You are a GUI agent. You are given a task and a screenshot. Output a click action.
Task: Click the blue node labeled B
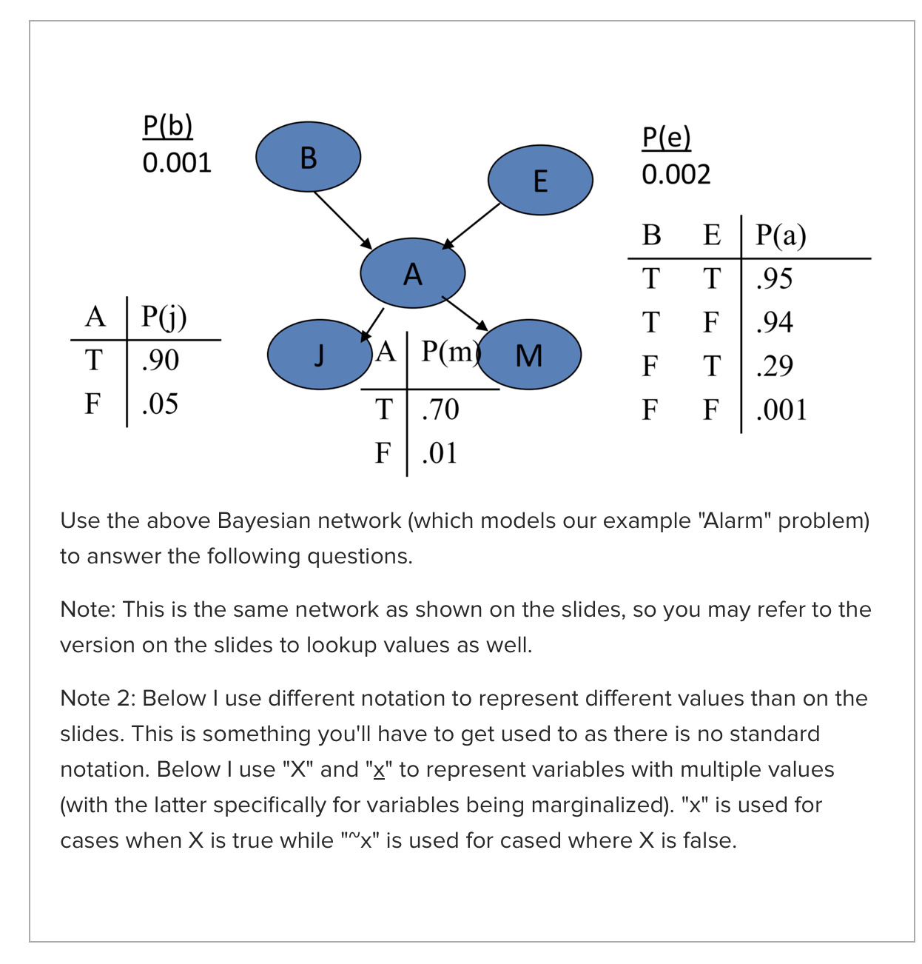click(308, 157)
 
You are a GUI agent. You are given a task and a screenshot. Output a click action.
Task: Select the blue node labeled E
click(540, 180)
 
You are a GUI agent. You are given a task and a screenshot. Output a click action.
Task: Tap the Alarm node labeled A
click(412, 273)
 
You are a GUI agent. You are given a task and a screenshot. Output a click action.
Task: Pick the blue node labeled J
click(318, 355)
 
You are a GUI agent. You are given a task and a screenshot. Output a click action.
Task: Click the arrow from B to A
click(342, 219)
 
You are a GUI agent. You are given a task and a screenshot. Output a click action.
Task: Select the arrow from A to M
click(465, 313)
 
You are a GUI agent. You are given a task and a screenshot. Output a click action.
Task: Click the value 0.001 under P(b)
click(177, 163)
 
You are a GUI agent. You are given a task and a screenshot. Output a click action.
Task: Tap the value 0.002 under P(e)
click(676, 175)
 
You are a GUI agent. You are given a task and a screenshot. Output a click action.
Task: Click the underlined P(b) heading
click(168, 126)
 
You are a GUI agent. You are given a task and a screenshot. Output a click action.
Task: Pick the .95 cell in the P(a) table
click(774, 278)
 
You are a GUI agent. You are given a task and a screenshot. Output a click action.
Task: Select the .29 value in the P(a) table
click(774, 366)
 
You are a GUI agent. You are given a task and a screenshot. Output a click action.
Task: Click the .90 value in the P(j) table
click(160, 360)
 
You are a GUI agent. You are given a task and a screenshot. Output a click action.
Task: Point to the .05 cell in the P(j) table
click(160, 404)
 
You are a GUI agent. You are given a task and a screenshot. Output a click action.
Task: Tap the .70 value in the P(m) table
click(440, 409)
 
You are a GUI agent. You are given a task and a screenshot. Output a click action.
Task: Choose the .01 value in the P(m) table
click(440, 453)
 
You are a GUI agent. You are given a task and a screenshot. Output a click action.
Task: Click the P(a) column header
click(781, 235)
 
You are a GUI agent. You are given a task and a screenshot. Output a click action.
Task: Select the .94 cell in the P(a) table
click(774, 322)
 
